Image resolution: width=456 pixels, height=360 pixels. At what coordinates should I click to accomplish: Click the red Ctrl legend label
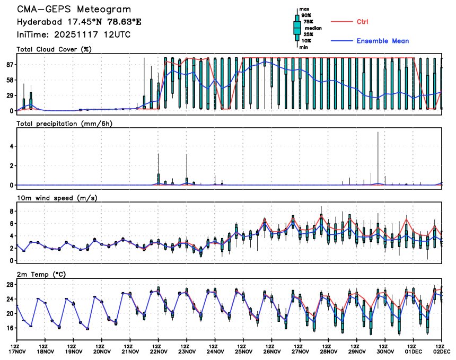[x=363, y=22]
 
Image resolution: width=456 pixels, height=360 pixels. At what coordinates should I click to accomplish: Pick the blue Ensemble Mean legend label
[x=382, y=41]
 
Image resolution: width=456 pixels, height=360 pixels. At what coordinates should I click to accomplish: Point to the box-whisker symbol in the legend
[x=297, y=27]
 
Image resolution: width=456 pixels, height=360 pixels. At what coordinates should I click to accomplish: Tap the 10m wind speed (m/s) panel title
[x=58, y=198]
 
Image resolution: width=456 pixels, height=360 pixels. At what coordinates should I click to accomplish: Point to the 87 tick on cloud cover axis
[x=9, y=64]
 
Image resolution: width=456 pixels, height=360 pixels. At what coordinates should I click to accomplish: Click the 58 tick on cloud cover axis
[x=9, y=80]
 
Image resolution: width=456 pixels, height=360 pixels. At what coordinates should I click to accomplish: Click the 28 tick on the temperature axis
[x=10, y=285]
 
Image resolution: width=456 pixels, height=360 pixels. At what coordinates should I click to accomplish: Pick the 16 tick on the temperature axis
[x=10, y=328]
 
